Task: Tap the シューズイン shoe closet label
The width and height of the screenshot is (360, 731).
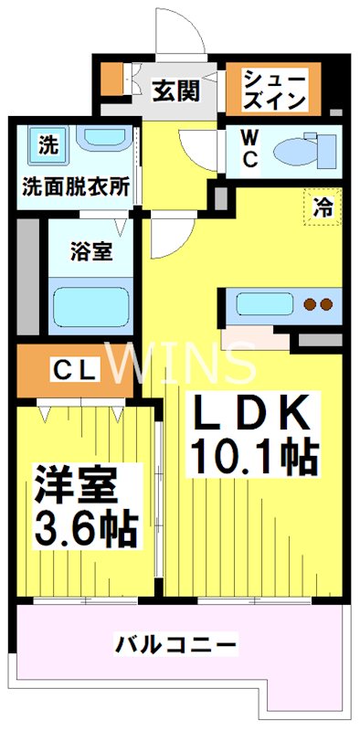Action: pyautogui.click(x=275, y=89)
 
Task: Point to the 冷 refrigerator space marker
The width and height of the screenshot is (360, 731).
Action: pyautogui.click(x=323, y=207)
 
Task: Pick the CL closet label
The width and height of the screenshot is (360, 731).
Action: pyautogui.click(x=75, y=369)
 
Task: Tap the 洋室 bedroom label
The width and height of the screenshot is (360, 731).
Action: pyautogui.click(x=76, y=486)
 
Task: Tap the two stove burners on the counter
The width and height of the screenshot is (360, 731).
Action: pyautogui.click(x=318, y=303)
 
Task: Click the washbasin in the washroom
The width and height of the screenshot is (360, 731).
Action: pyautogui.click(x=106, y=141)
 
